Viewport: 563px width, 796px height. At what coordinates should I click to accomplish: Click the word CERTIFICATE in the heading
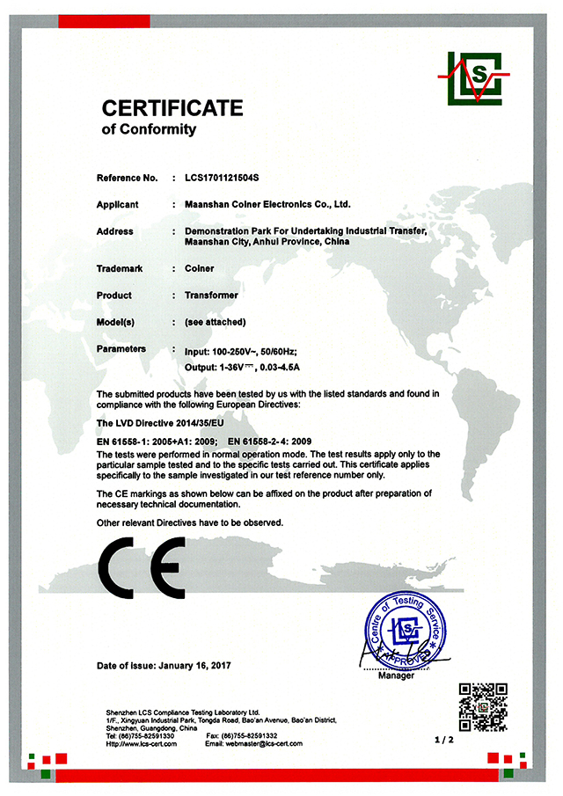172,108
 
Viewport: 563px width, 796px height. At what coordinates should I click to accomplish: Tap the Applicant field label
118,204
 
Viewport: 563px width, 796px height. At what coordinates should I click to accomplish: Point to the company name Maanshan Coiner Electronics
267,204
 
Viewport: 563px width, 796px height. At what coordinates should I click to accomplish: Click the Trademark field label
119,268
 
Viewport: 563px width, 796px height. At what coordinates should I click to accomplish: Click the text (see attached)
216,322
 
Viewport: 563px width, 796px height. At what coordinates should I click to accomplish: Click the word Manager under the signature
395,676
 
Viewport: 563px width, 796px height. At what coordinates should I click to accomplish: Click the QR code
483,705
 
